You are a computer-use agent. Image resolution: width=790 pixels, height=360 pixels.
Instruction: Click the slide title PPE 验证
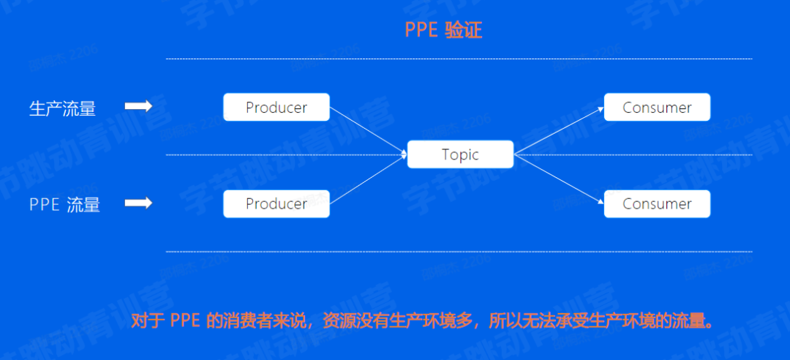coord(443,31)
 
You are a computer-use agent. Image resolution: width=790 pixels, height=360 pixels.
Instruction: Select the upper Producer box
coord(276,108)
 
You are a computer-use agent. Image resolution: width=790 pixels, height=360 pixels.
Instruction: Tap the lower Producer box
coord(276,203)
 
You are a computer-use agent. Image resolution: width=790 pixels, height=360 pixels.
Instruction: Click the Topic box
coord(460,155)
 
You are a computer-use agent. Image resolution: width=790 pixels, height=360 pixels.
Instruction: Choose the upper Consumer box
coord(657,108)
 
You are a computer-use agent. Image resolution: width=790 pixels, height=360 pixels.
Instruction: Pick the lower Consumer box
coord(657,203)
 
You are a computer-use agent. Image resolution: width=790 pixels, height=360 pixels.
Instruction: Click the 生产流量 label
coord(62,108)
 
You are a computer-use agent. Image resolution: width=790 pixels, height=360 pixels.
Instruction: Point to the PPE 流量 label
coord(64,204)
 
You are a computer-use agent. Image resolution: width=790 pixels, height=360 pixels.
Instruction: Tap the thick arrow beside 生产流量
coord(138,107)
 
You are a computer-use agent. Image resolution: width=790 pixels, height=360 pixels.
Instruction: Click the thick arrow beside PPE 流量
coord(138,203)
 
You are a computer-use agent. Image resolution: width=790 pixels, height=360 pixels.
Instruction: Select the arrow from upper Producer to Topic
coord(368,131)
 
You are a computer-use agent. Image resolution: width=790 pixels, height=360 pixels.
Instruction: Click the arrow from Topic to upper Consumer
coord(559,131)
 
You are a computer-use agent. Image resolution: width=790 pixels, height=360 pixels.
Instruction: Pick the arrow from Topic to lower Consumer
coord(559,179)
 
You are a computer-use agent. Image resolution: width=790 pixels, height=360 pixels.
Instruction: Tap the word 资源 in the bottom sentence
coord(338,321)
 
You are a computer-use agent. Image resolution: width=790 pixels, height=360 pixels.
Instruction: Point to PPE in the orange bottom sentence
coord(186,321)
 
